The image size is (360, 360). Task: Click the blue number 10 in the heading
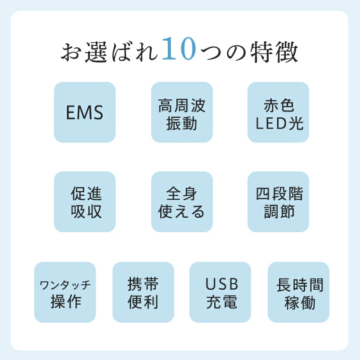[x=179, y=49]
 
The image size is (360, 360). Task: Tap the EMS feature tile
[x=85, y=112]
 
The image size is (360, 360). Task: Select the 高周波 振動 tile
[x=182, y=112]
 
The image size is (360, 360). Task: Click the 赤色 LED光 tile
[x=278, y=112]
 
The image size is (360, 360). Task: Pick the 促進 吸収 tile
[x=85, y=202]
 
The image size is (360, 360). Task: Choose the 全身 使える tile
[x=182, y=202]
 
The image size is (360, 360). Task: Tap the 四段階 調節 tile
[x=278, y=202]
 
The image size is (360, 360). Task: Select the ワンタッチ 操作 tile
[x=65, y=292]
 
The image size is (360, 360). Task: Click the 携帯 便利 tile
[x=143, y=292]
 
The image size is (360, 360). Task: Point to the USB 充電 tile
[x=220, y=292]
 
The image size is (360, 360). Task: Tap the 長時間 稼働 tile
[x=298, y=292]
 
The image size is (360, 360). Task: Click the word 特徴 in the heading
[x=274, y=52]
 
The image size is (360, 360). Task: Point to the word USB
[x=222, y=284]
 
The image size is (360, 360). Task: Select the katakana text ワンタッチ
[x=65, y=285]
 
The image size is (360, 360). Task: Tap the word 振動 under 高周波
[x=182, y=123]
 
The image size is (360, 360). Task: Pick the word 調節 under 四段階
[x=279, y=211]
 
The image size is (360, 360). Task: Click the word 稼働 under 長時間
[x=300, y=302]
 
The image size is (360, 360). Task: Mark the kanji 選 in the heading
[x=96, y=52]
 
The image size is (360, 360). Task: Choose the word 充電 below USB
[x=221, y=301]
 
